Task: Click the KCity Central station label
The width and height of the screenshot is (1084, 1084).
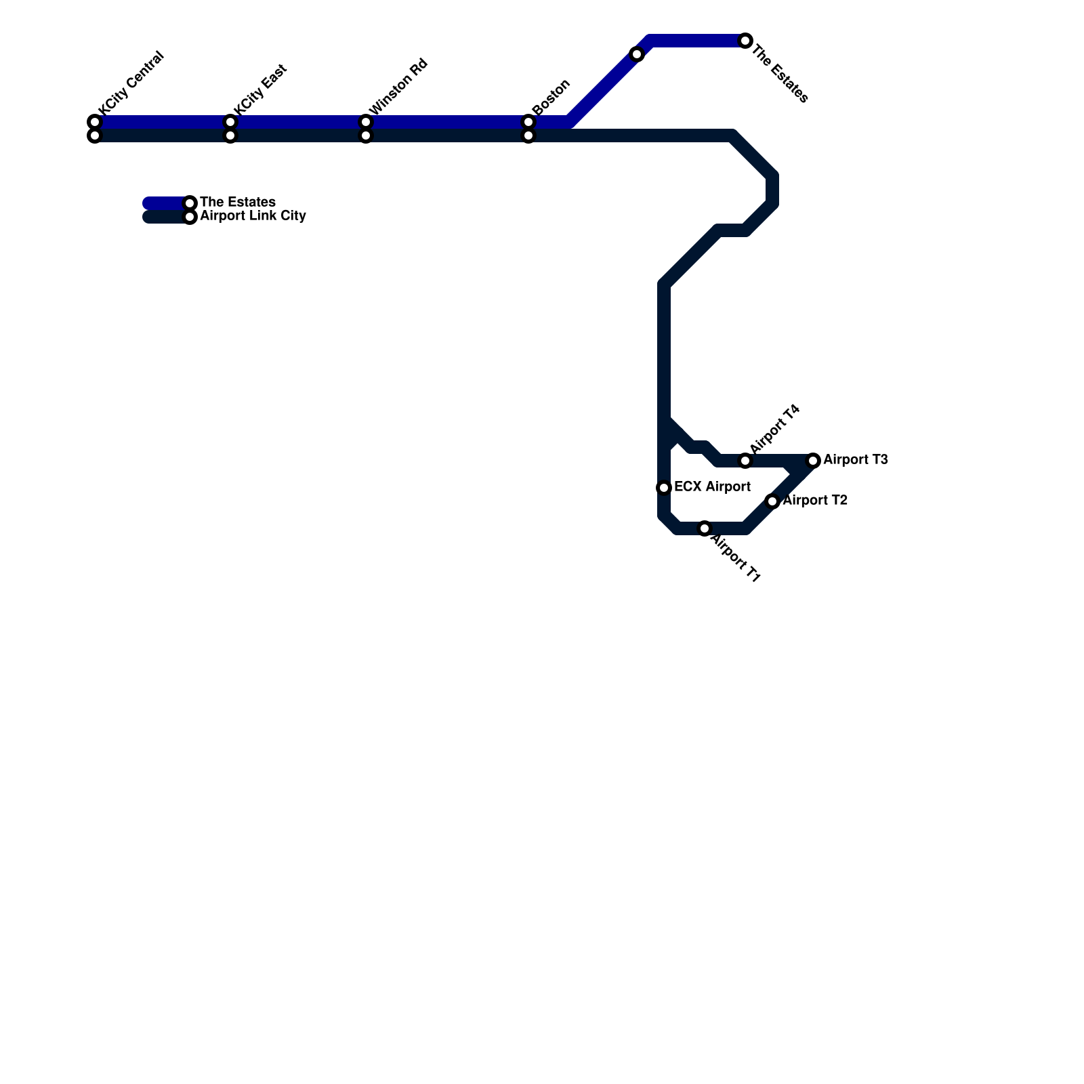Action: pos(131,83)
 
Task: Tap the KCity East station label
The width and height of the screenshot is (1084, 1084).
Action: pos(261,89)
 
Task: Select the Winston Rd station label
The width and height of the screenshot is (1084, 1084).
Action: pos(398,87)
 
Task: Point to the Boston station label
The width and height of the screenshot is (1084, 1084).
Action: pos(551,98)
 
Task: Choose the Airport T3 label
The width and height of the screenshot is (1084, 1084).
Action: pos(855,459)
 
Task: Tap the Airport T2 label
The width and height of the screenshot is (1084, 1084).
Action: pos(814,501)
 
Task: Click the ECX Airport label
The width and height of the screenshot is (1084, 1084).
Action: pos(712,486)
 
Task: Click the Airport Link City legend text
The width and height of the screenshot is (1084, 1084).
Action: pos(253,216)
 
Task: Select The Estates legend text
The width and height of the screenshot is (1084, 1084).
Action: pos(238,202)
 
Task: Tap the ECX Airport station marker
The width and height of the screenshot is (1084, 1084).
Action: pos(664,488)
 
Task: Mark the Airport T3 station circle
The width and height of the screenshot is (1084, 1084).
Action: pos(814,461)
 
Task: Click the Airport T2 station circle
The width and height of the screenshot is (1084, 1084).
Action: pos(772,501)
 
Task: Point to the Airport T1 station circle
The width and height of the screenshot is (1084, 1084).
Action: pos(705,528)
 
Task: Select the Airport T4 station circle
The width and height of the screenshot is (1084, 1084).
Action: pos(745,461)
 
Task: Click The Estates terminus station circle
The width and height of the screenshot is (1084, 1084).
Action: pos(745,41)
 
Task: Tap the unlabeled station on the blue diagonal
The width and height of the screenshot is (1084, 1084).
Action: pos(637,54)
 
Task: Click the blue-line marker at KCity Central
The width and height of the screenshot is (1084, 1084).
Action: pos(95,122)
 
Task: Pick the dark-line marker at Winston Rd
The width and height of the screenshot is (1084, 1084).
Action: pos(366,136)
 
